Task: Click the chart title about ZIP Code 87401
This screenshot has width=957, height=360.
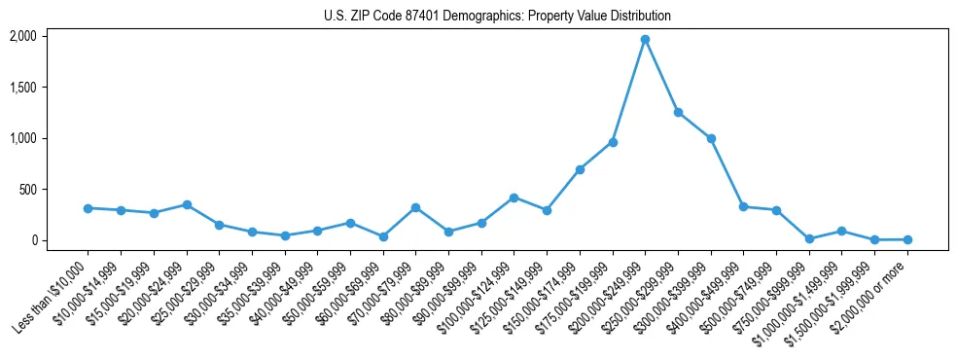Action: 497,17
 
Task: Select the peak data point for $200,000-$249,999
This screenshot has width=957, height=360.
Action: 645,39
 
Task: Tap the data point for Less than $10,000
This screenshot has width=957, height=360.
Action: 88,208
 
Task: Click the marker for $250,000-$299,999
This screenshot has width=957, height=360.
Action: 678,112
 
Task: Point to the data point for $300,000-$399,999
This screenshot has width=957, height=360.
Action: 711,138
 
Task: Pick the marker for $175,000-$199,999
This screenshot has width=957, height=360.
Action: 613,142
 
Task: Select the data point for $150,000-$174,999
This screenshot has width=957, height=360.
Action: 580,169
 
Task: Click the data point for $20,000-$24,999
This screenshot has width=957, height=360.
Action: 187,204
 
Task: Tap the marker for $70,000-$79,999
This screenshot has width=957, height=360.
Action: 415,207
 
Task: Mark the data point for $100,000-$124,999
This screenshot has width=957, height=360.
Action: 514,198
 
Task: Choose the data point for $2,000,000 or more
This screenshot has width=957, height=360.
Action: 907,239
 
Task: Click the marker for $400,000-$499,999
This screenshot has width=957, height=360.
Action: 743,206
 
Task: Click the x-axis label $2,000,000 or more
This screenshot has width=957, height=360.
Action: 871,292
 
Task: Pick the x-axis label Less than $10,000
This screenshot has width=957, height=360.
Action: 53,292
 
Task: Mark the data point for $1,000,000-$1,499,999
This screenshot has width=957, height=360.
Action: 841,232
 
